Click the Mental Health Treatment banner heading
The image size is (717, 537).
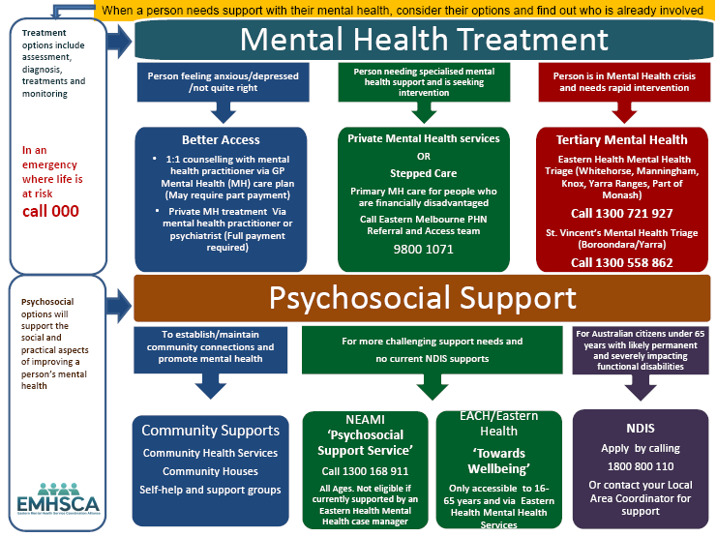click(x=424, y=40)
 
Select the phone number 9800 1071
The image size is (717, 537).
click(x=424, y=248)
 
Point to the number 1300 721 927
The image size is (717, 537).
click(x=622, y=213)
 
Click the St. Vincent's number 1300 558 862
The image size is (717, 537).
click(x=622, y=261)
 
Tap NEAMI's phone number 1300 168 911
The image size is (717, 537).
click(x=365, y=471)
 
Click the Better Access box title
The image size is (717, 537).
click(x=221, y=139)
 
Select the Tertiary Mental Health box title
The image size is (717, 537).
click(x=622, y=139)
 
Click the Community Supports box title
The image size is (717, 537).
click(x=210, y=431)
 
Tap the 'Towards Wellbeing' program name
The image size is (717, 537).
click(x=499, y=460)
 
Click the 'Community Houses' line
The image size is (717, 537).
click(x=210, y=471)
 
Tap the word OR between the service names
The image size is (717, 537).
click(x=424, y=158)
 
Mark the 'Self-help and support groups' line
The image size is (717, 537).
click(x=210, y=490)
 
